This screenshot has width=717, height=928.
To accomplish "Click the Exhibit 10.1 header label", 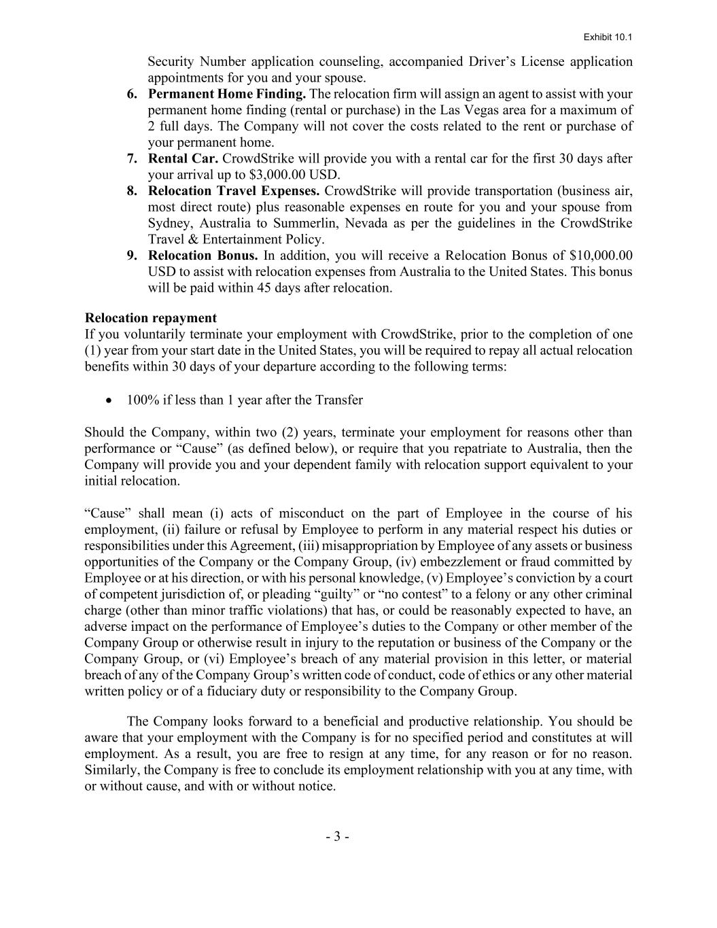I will [x=608, y=37].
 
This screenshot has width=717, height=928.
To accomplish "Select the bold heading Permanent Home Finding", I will [x=227, y=94].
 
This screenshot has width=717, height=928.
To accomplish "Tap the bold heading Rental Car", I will [x=183, y=158].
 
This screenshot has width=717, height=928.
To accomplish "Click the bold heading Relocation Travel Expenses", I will [x=234, y=191].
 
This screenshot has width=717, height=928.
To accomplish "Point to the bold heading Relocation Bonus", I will [x=203, y=256].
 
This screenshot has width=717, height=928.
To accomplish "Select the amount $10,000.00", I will [x=601, y=256].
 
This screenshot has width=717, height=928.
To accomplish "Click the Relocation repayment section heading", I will [x=151, y=318].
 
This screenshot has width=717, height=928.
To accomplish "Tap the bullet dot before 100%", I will [x=110, y=400].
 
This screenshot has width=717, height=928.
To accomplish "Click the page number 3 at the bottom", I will [x=337, y=836].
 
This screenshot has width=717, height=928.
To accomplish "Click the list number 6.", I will [x=133, y=94].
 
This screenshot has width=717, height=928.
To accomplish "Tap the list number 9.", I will [x=133, y=256].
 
